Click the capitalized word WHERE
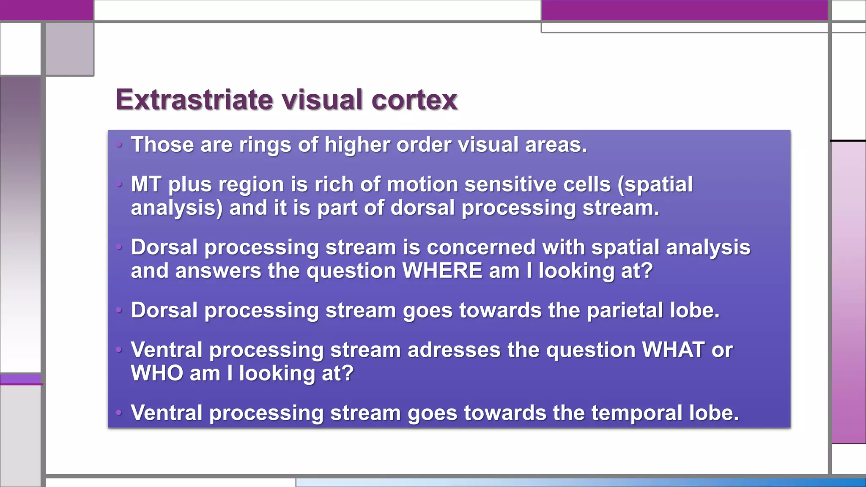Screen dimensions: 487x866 pos(442,271)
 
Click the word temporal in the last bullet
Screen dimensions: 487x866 pos(636,413)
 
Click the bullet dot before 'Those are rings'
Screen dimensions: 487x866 pos(119,145)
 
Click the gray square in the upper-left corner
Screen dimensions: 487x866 pos(69,49)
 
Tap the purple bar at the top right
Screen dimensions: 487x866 pos(684,10)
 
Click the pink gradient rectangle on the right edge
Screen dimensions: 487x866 pos(849,292)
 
